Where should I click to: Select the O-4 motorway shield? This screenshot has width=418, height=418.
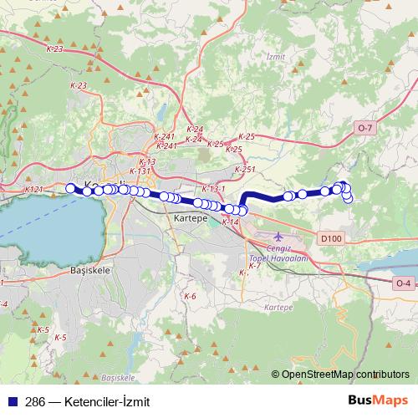pos(403,283)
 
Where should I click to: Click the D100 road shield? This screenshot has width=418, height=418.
pos(331,239)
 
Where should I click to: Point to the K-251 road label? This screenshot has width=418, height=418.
pos(245,170)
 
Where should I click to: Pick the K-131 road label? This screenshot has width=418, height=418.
pos(140,171)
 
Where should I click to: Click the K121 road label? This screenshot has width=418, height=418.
pos(33,190)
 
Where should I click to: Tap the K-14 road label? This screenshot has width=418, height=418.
pos(232,222)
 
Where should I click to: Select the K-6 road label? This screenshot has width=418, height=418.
pos(190,297)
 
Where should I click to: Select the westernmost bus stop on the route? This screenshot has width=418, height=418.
pos(70,188)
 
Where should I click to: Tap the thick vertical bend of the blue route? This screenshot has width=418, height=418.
pos(243,202)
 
